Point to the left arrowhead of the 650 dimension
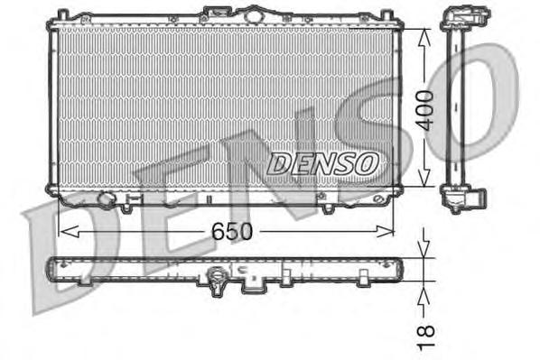[62, 231]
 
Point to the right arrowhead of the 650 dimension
[390, 231]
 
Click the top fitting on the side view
[459, 19]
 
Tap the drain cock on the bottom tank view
[218, 283]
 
